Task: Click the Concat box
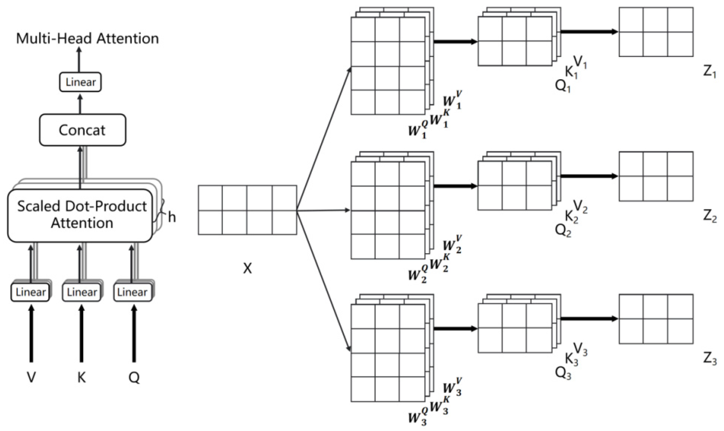click(x=83, y=130)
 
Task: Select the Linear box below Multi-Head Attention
click(x=80, y=82)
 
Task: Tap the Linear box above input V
click(x=30, y=292)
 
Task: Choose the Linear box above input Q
click(x=132, y=292)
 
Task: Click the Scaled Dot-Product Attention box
click(x=80, y=215)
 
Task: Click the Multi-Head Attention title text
click(x=87, y=39)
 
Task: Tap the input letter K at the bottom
click(x=81, y=378)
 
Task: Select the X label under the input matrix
click(x=247, y=269)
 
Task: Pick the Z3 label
click(x=710, y=360)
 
